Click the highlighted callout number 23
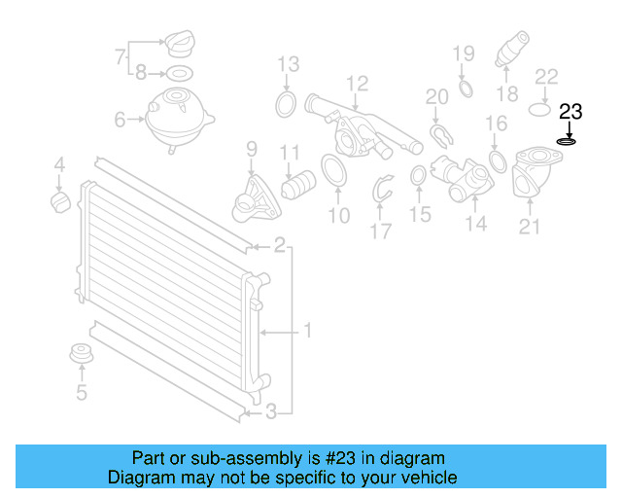(x=570, y=111)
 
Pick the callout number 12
(x=357, y=83)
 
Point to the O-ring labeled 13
(x=287, y=105)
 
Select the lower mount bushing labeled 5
(x=82, y=357)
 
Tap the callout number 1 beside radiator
(x=307, y=332)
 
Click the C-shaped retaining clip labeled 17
(x=383, y=193)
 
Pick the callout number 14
(x=475, y=226)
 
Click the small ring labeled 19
(x=465, y=89)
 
